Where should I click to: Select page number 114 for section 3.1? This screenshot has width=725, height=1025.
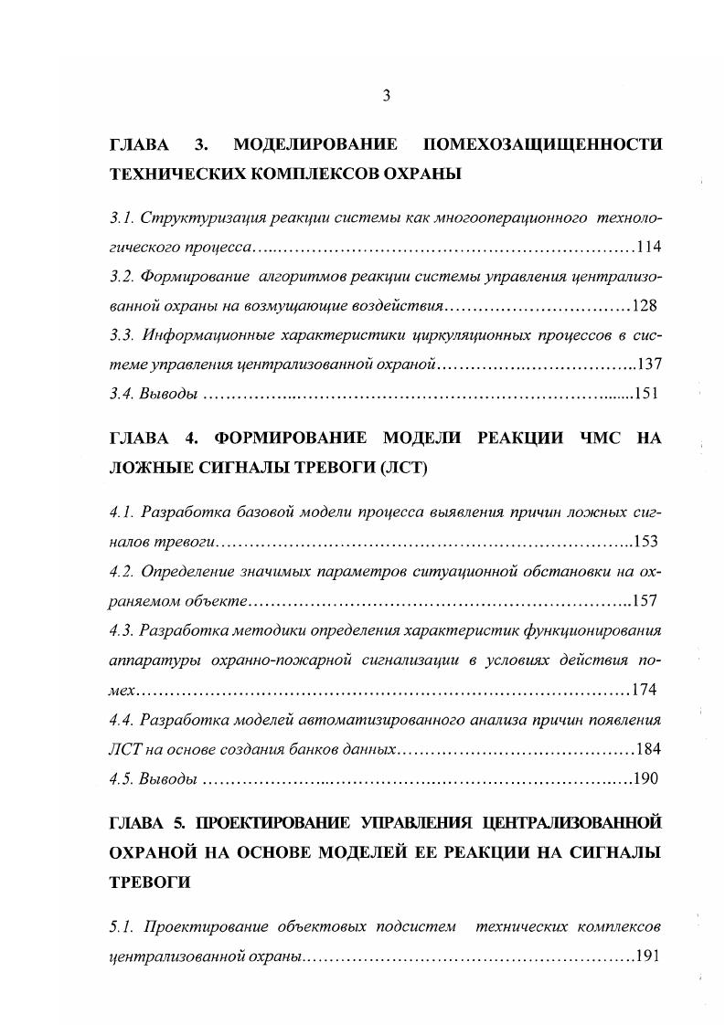[x=648, y=248]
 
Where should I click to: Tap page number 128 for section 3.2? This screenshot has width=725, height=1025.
[x=645, y=306]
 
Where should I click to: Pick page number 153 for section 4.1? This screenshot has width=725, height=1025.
[x=645, y=542]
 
